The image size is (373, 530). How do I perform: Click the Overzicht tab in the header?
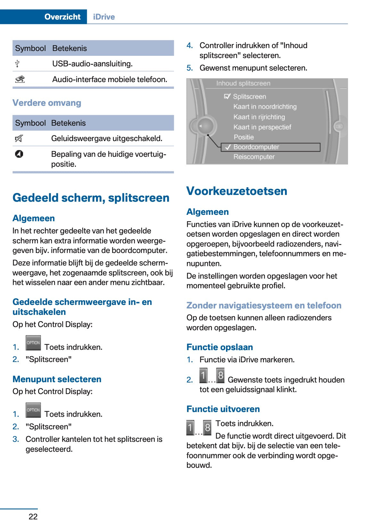tap(62, 17)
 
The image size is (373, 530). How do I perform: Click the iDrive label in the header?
tap(104, 17)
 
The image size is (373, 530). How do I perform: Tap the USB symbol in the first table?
tap(17, 63)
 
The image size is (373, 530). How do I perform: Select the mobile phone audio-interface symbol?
tap(20, 79)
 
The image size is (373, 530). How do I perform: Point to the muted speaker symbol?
tap(19, 138)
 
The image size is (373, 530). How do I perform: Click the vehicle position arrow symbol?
tap(19, 154)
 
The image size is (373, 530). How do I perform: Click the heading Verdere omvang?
tap(47, 103)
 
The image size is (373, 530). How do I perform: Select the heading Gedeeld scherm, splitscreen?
tap(91, 198)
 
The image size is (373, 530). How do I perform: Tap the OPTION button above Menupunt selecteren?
tap(33, 343)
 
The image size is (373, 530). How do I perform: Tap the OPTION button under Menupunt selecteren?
tap(33, 410)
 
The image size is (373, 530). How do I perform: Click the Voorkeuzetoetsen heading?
tap(237, 191)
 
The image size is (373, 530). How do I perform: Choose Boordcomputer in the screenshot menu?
tap(256, 147)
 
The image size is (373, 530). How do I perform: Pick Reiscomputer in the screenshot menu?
tap(254, 157)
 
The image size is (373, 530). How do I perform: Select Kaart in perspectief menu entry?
tap(262, 127)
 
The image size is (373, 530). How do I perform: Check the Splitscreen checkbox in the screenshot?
tap(227, 96)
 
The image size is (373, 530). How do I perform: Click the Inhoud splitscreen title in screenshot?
tap(243, 83)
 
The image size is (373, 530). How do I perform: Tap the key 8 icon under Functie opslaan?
tap(220, 375)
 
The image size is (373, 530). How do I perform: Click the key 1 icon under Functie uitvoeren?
tap(190, 427)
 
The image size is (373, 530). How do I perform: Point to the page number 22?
tap(33, 517)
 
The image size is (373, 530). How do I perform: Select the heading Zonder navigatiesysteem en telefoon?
tap(264, 305)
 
